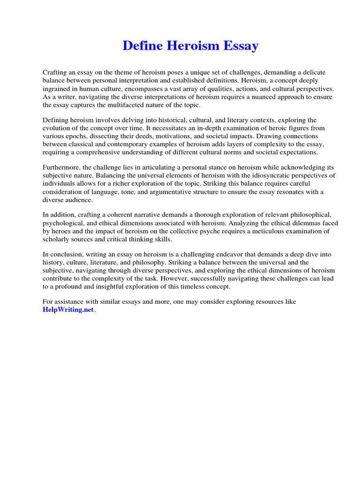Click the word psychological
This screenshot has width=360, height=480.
62,223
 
